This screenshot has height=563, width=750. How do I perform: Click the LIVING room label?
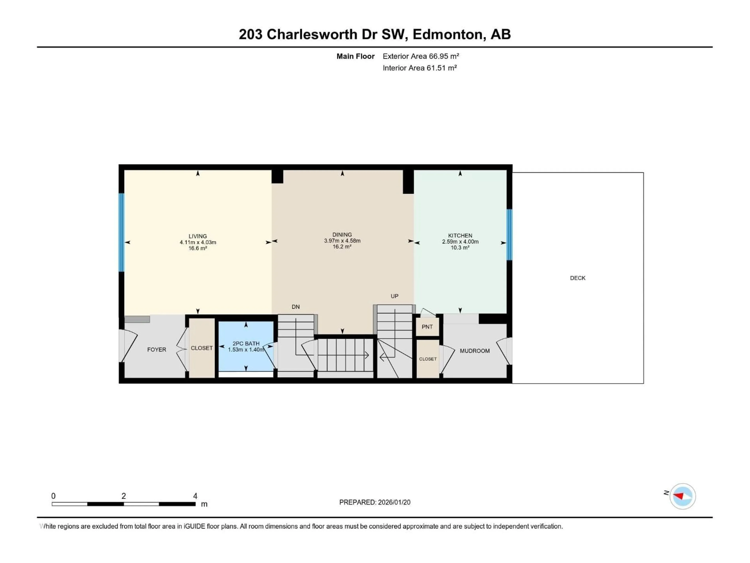198,236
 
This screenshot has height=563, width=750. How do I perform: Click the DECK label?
577,278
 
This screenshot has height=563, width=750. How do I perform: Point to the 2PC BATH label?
246,343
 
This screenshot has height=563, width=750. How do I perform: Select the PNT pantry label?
427,327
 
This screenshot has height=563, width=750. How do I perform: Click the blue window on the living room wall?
121,232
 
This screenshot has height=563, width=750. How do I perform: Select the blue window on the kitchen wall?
509,235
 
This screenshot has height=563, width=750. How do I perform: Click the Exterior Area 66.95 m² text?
421,56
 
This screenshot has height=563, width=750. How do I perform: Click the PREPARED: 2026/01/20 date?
375,502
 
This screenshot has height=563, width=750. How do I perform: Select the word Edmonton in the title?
448,34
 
